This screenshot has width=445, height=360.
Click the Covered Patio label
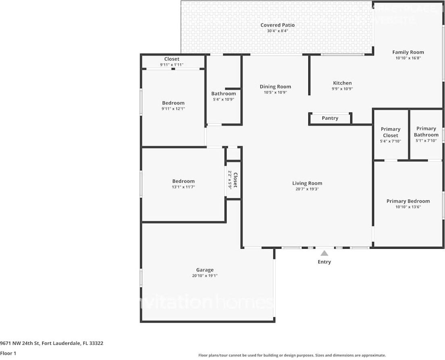[x=277, y=25]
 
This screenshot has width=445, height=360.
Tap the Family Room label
[x=408, y=52]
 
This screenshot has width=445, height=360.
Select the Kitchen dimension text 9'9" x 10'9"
[x=342, y=89]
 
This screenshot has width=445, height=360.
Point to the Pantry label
[x=330, y=118]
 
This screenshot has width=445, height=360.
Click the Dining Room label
[x=275, y=87]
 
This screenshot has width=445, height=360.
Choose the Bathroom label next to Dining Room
[x=223, y=94]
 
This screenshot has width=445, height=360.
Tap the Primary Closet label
[x=390, y=132]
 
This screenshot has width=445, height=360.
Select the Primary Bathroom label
[x=426, y=132]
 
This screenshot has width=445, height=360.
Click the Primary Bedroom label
[x=408, y=201]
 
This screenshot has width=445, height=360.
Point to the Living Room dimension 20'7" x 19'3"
[x=307, y=189]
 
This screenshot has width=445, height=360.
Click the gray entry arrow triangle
[x=324, y=253]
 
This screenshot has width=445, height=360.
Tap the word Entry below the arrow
[x=324, y=262]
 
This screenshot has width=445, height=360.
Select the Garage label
[x=205, y=270]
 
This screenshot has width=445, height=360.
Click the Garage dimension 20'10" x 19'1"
[x=205, y=276]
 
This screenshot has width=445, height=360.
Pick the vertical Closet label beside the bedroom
[x=235, y=180]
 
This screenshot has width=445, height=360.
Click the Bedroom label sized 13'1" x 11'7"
[x=183, y=181]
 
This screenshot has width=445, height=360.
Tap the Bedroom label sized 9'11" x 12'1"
[x=173, y=103]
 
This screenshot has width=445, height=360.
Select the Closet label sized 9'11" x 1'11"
[x=172, y=59]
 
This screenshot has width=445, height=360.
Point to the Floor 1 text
[x=8, y=354]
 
